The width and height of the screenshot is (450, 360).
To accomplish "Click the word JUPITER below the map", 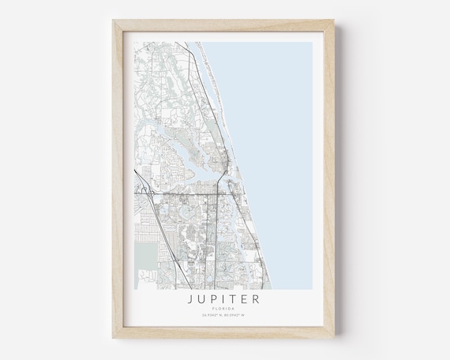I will click(x=225, y=300).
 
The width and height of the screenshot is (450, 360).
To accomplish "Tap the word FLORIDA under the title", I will click(x=225, y=309).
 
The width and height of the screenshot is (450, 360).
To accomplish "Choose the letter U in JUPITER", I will click(x=204, y=300).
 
